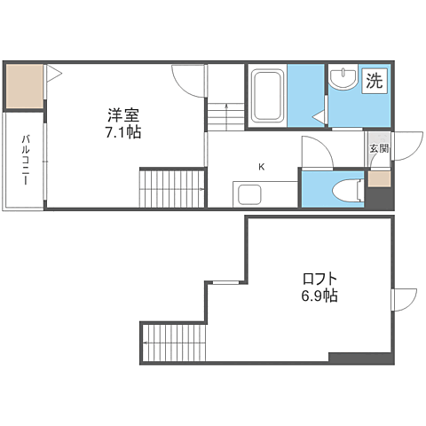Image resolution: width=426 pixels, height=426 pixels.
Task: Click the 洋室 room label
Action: pos(125,114)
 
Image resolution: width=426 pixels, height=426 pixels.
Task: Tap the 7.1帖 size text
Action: pos(125,131)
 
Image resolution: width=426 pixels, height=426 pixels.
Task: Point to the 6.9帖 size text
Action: pos(318,296)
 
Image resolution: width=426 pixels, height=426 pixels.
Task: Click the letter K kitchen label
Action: pos(261,166)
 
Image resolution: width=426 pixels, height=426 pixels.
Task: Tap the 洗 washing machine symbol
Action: pos(375,80)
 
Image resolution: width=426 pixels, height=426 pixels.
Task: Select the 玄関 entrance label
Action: pos(379,148)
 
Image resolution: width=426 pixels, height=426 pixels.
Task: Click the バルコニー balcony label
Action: pos(26,160)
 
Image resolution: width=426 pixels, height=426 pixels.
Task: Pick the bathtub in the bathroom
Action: pos(266,96)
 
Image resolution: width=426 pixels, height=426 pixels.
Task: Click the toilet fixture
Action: pos(346,190)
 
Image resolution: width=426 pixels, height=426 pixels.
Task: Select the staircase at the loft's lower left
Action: pos(175,342)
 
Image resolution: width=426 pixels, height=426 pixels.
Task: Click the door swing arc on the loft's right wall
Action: pos(404,299)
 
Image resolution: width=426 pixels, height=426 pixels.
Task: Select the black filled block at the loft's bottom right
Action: pos(359,358)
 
